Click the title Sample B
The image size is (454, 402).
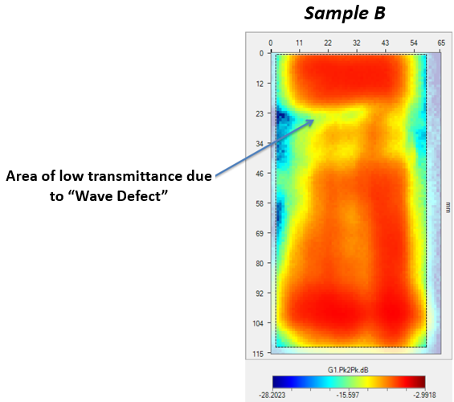coord(345,14)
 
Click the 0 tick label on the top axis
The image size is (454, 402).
coord(271,43)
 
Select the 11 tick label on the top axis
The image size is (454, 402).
coord(299,43)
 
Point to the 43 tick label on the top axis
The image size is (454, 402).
coord(385,43)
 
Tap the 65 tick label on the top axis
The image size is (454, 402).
coord(441,43)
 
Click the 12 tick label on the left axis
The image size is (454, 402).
coord(260,84)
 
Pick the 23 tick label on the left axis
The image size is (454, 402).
coord(260,114)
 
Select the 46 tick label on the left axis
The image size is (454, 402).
coord(260,174)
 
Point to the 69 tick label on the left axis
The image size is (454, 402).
coord(260,233)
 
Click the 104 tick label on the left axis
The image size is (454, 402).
coord(258,323)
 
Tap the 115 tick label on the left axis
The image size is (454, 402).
coord(258,354)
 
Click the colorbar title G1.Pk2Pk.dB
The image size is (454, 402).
coord(348,370)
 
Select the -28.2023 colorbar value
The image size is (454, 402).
coord(272,395)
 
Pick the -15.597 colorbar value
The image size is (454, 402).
coord(347,395)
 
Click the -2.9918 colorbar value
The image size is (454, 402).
coord(424,395)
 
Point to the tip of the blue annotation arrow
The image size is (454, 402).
coord(314,120)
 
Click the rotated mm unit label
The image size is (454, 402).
coord(448,207)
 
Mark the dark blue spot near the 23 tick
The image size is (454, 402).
coord(282,117)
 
